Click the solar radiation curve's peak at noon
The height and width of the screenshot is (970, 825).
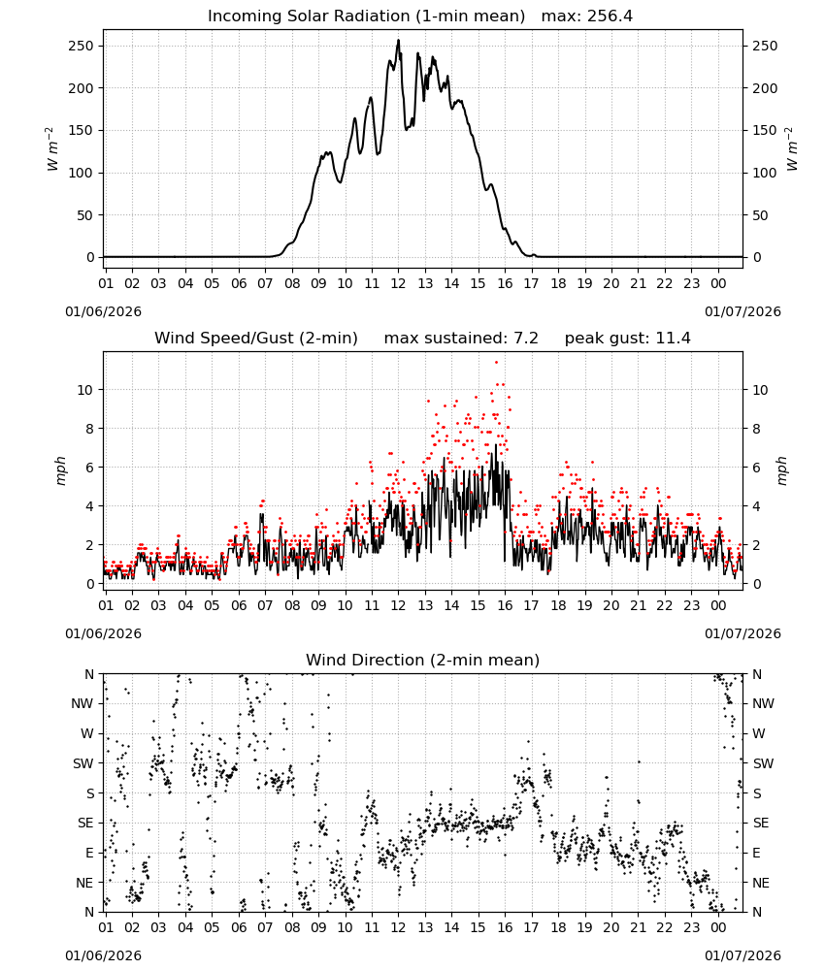click(x=399, y=41)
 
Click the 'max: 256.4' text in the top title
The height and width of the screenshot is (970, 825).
click(x=587, y=16)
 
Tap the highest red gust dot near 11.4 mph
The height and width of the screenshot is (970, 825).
click(x=496, y=363)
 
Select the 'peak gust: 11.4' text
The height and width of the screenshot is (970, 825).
click(x=627, y=339)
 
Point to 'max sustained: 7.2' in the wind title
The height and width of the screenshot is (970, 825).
click(x=461, y=339)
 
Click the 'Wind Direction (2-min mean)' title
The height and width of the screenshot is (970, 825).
click(x=423, y=660)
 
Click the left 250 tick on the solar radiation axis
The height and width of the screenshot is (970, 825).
click(x=82, y=47)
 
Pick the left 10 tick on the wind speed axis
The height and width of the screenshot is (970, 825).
click(x=85, y=390)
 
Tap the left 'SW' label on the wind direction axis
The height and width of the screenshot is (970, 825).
click(x=83, y=763)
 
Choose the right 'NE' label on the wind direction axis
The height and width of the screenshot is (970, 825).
click(x=761, y=883)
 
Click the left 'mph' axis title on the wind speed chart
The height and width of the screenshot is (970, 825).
click(x=60, y=470)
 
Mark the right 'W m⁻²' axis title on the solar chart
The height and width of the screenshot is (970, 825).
click(x=792, y=149)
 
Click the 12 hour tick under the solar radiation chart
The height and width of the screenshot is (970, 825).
click(x=398, y=284)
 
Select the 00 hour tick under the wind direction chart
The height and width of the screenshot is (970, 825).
click(x=718, y=927)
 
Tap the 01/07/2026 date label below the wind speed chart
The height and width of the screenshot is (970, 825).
click(x=742, y=633)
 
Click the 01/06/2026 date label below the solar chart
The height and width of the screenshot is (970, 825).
click(x=103, y=311)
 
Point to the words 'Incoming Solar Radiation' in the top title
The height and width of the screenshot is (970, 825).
click(x=309, y=16)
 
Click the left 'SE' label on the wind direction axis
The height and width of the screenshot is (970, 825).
click(x=85, y=823)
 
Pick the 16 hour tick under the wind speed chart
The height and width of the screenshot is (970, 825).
click(x=505, y=605)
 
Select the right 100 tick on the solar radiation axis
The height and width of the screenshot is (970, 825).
click(x=765, y=174)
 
